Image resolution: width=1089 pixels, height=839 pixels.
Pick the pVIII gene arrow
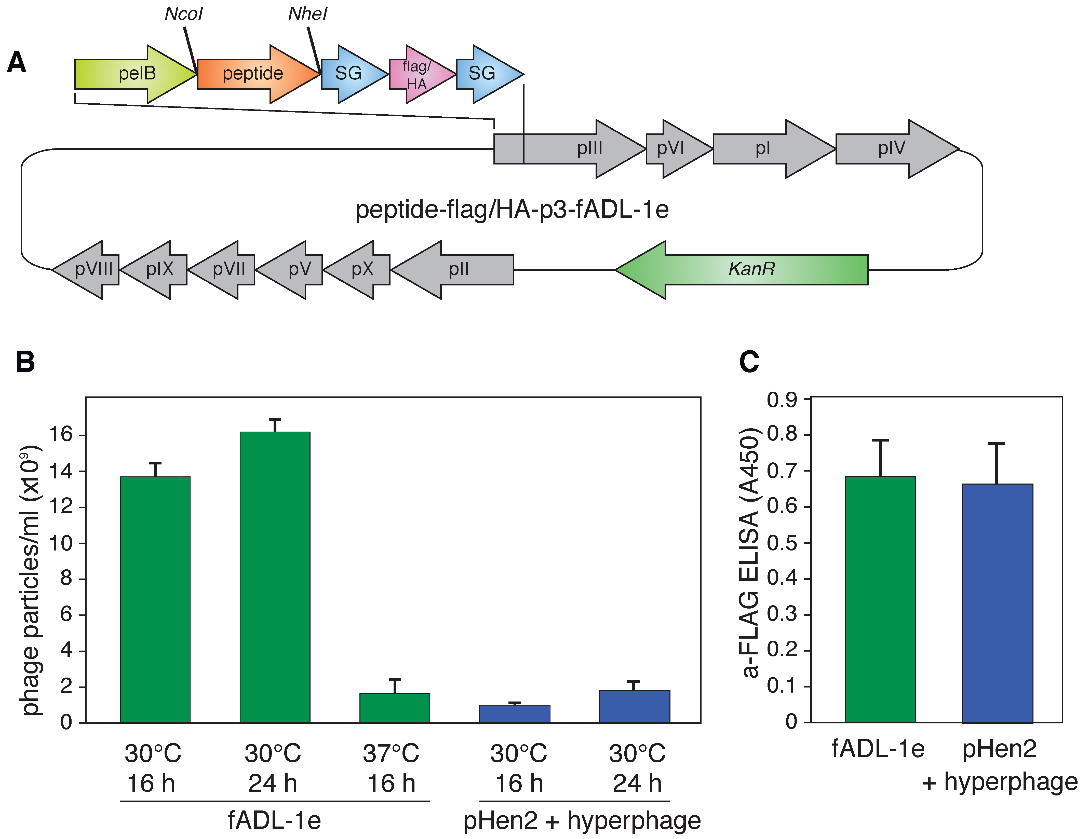[x=87, y=270]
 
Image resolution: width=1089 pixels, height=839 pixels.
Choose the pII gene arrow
[x=454, y=270]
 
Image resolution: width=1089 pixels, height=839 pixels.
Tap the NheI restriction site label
[x=307, y=14]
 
